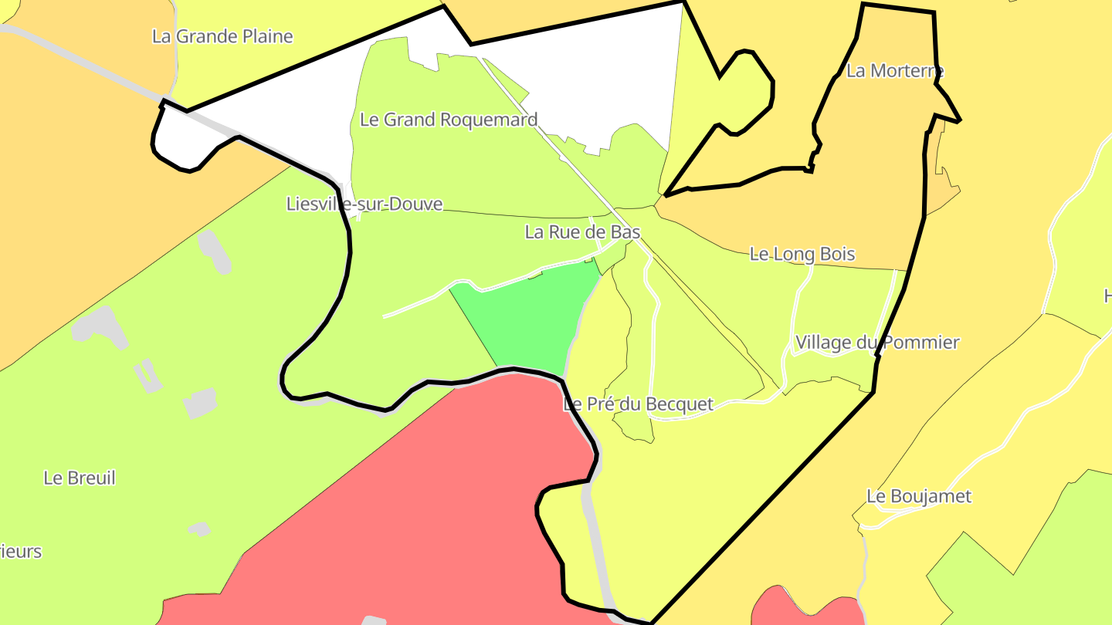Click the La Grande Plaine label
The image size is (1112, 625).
point(222,36)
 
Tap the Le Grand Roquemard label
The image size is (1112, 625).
point(448,120)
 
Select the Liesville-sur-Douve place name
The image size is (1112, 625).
point(364,204)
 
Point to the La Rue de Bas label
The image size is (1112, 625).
point(582,231)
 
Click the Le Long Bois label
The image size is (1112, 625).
point(802,254)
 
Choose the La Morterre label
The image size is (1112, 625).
point(895,71)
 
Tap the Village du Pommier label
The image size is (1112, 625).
point(877,342)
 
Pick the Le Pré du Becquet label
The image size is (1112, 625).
point(639,404)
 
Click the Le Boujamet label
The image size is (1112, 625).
point(918,496)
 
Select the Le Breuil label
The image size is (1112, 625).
point(80,478)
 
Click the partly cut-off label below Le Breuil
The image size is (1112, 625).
point(21,552)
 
